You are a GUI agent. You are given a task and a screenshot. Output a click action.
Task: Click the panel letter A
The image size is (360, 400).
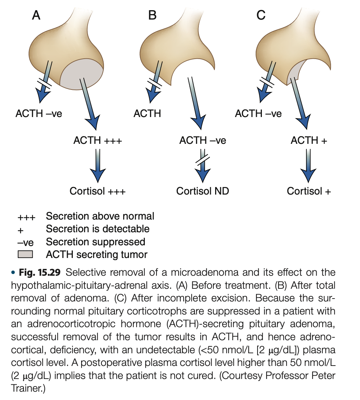(x=36, y=15)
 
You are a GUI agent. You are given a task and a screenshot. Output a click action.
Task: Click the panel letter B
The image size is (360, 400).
(x=153, y=15)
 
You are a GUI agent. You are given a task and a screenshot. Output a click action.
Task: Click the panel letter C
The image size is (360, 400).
(x=260, y=15)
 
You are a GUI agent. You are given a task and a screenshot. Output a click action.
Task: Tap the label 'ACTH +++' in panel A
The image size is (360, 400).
(x=98, y=140)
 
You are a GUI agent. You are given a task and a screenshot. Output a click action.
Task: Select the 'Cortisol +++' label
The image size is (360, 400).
(x=97, y=191)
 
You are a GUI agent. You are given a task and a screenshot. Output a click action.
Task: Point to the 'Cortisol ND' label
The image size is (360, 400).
(x=202, y=191)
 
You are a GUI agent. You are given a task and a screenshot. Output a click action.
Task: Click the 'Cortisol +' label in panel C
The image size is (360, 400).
(x=309, y=191)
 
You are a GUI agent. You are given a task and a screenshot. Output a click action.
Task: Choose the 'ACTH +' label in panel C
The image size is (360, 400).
(x=309, y=140)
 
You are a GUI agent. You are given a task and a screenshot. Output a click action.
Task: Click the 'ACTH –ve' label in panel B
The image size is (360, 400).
(x=202, y=140)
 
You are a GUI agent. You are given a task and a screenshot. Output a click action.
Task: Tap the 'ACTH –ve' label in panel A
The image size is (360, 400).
(x=39, y=113)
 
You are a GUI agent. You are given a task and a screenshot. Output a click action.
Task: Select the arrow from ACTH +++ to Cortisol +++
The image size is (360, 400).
(x=97, y=165)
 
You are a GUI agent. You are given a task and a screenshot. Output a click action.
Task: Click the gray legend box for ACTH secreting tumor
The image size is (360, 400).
(x=25, y=254)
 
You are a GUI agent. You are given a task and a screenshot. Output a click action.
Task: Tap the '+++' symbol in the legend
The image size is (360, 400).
(x=26, y=217)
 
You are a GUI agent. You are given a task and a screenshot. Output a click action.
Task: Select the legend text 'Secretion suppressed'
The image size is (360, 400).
(x=96, y=242)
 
